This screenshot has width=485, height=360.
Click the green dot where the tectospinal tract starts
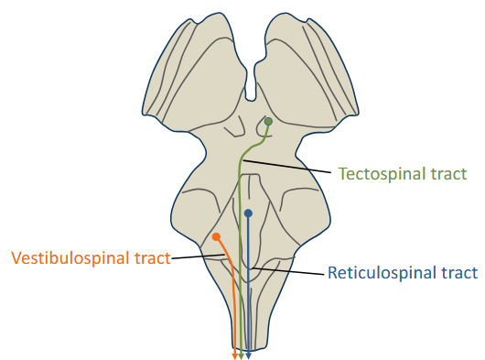[268, 122]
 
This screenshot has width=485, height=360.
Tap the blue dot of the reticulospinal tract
[248, 213]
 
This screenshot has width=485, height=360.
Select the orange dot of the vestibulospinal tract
[217, 237]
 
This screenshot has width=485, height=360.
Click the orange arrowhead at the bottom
[235, 355]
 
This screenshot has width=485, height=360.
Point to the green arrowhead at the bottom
[242, 355]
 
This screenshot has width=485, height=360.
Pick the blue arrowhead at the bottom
[248, 355]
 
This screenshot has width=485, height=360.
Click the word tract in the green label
[447, 173]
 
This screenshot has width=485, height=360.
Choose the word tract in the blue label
[459, 272]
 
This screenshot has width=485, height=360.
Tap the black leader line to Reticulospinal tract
[292, 269]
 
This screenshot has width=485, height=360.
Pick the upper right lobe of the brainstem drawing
[307, 73]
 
